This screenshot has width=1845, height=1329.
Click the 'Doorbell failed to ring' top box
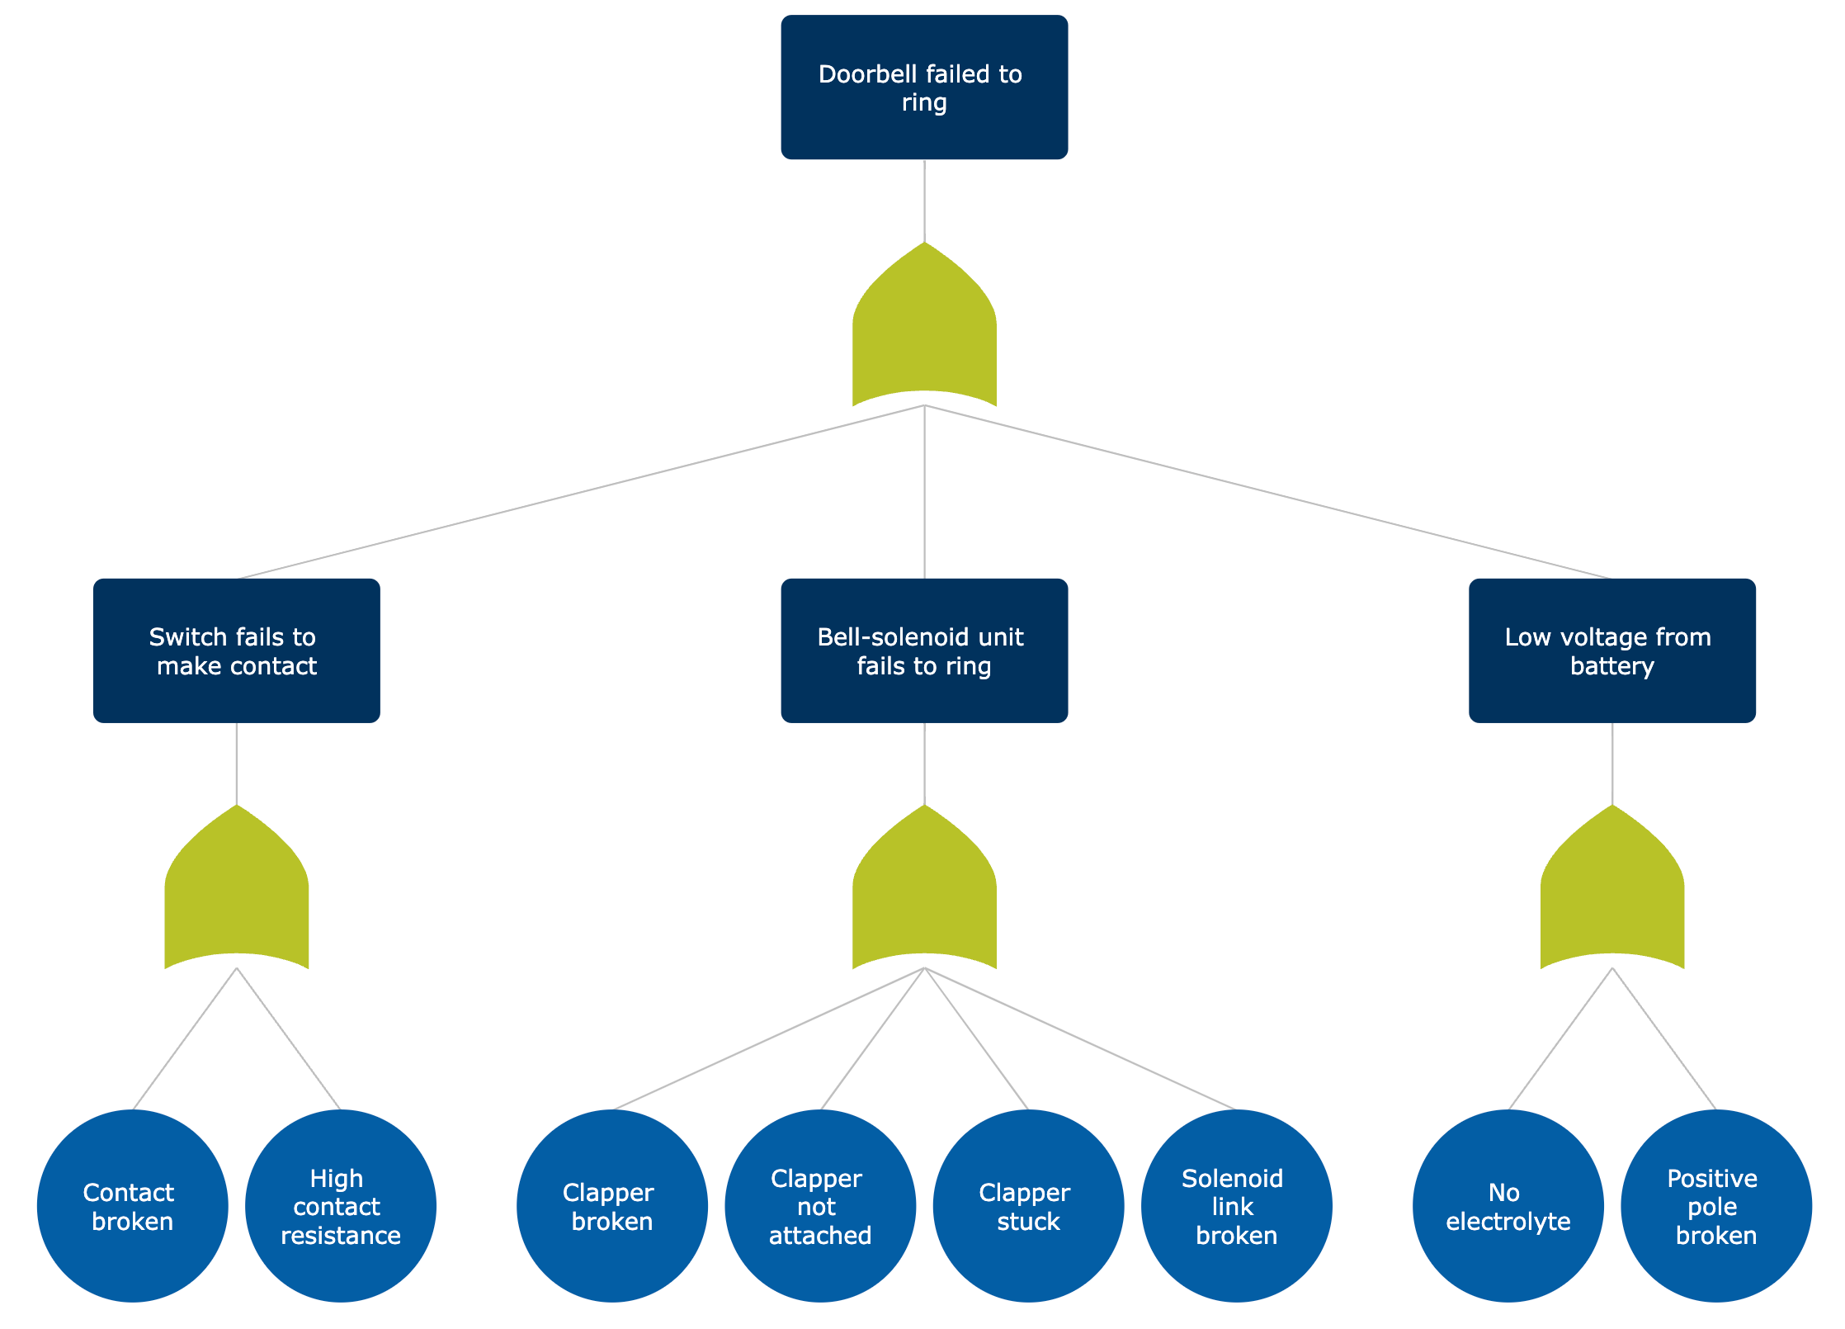pyautogui.click(x=924, y=87)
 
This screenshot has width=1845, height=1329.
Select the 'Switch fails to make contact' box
pyautogui.click(x=236, y=650)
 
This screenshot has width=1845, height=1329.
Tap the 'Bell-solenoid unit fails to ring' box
pyautogui.click(x=924, y=650)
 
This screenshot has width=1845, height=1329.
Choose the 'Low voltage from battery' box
pyautogui.click(x=1611, y=650)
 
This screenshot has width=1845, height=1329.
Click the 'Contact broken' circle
pyautogui.click(x=132, y=1206)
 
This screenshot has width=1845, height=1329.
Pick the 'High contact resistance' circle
pyautogui.click(x=340, y=1206)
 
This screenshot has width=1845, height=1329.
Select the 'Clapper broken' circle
pyautogui.click(x=611, y=1206)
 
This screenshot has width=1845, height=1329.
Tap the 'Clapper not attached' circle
pyautogui.click(x=819, y=1206)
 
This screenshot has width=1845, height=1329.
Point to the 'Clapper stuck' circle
pyautogui.click(x=1028, y=1206)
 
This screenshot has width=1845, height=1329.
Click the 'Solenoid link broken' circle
pyautogui.click(x=1236, y=1206)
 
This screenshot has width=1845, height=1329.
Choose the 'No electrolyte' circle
pyautogui.click(x=1508, y=1206)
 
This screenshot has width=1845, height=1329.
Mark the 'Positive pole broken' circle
pyautogui.click(x=1715, y=1206)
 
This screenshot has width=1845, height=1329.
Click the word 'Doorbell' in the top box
pyautogui.click(x=867, y=74)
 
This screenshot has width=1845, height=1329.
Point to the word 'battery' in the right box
pyautogui.click(x=1611, y=666)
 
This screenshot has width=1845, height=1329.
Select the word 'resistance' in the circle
pyautogui.click(x=340, y=1236)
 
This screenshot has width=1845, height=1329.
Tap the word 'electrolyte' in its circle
pyautogui.click(x=1508, y=1222)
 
